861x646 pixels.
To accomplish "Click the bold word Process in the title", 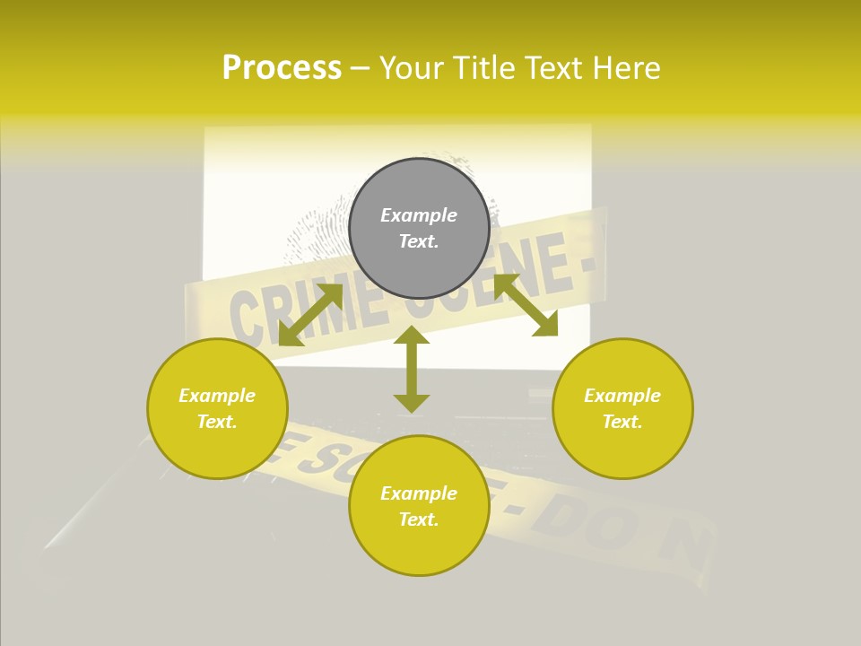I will click(x=282, y=68).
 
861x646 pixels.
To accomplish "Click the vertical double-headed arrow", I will click(x=412, y=369).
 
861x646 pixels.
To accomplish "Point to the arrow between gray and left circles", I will click(x=310, y=315).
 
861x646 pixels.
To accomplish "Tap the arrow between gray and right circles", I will click(x=526, y=305).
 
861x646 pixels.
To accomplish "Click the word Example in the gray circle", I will click(x=419, y=215).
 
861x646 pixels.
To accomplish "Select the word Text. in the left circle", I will click(x=217, y=422).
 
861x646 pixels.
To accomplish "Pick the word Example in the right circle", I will click(x=622, y=396).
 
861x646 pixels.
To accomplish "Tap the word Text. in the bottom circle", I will click(x=419, y=519).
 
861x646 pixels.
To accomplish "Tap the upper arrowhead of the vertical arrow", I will click(x=412, y=334).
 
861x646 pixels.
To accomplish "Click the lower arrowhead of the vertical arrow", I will click(x=412, y=404).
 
